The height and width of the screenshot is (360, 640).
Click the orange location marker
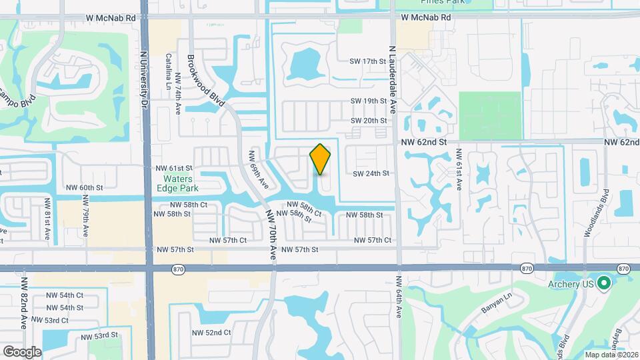coord(321,159)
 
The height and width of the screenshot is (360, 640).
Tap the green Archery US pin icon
coord(605,283)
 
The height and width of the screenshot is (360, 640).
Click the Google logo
coord(22,351)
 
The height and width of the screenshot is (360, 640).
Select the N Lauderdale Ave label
coord(392,80)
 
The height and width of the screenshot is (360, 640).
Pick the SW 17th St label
coord(369,61)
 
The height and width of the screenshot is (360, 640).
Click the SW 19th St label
coord(369,101)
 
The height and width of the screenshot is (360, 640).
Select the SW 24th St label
coord(370,173)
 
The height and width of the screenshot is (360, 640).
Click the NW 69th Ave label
coord(258,169)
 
